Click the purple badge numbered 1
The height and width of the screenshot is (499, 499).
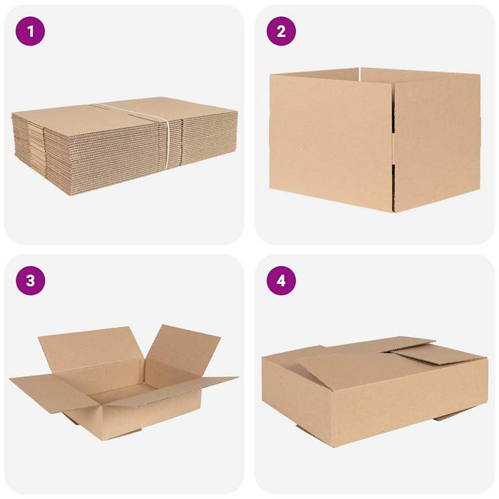click(30, 31)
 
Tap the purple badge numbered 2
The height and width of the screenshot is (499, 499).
click(281, 31)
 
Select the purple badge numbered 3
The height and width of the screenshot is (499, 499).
click(30, 280)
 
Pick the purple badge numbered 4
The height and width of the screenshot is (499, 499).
click(281, 280)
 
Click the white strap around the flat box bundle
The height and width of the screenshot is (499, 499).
click(168, 143)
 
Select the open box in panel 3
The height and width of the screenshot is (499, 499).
click(125, 385)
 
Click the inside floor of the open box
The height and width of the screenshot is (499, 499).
click(125, 392)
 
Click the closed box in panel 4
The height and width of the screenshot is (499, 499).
click(374, 392)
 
